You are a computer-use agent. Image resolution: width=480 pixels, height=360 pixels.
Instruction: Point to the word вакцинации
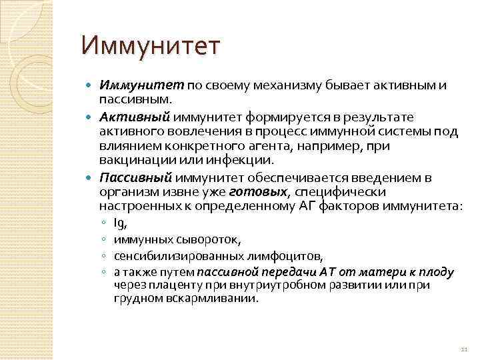click(x=132, y=160)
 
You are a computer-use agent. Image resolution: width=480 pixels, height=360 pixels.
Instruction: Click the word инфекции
click(x=243, y=160)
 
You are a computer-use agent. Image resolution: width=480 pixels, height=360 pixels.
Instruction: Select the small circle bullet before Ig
click(x=105, y=223)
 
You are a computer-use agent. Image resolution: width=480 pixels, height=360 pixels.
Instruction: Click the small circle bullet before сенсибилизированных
click(x=105, y=256)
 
